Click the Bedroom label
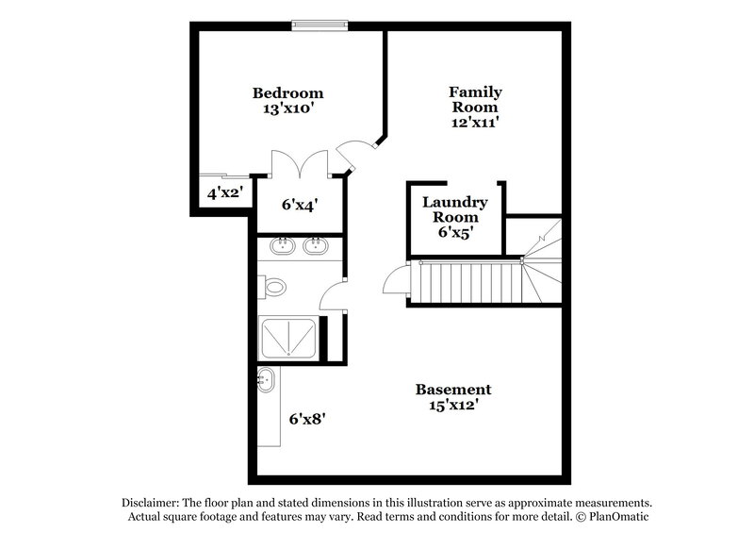point(287,93)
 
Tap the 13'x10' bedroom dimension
point(287,109)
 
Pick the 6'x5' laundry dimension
point(454,232)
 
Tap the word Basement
point(454,390)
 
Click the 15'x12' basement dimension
point(454,406)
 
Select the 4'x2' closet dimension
point(226,193)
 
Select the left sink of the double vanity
point(282,248)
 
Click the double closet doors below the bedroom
point(300,162)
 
